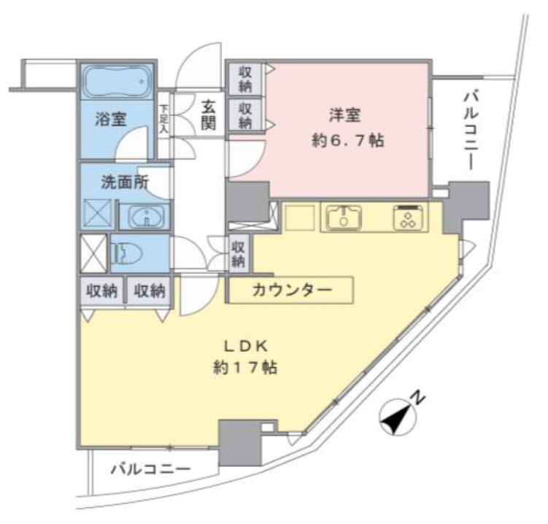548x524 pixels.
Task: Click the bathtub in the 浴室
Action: click(x=118, y=82)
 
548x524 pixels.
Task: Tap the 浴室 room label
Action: click(x=111, y=119)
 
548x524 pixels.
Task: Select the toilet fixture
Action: click(x=126, y=253)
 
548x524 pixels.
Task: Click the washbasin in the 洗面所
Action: click(x=147, y=217)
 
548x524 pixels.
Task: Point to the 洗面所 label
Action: click(x=125, y=182)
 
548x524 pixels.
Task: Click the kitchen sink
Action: click(x=344, y=217)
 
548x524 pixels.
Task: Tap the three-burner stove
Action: click(x=408, y=217)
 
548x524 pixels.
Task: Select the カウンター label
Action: click(x=291, y=290)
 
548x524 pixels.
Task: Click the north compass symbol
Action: click(x=398, y=417)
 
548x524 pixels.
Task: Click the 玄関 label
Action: click(x=208, y=115)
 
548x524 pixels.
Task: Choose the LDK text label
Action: click(x=246, y=347)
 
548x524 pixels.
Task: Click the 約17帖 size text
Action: click(x=245, y=367)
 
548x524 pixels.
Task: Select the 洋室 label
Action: click(x=344, y=115)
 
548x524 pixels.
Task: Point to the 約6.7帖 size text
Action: click(x=348, y=141)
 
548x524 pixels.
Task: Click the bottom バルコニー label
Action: click(x=151, y=469)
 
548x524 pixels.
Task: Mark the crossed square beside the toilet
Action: click(x=93, y=253)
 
